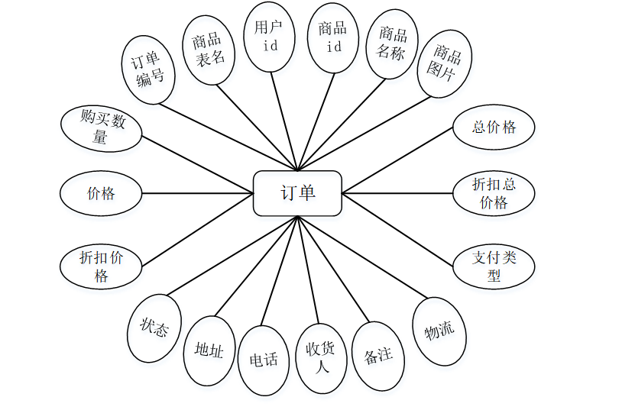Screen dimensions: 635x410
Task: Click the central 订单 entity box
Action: [x=297, y=192]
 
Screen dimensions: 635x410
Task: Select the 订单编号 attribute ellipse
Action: [x=149, y=69]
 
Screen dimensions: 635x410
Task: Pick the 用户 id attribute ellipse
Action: [x=270, y=37]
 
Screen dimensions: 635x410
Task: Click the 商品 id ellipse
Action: [x=332, y=37]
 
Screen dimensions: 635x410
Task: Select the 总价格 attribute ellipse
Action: [x=494, y=127]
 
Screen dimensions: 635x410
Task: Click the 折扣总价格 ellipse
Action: [x=494, y=193]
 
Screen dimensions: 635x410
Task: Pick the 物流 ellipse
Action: [x=439, y=330]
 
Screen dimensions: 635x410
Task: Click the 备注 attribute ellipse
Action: [x=378, y=355]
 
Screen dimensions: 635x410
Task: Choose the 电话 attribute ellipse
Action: [x=264, y=360]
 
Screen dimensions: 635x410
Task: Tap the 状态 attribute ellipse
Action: [x=154, y=328]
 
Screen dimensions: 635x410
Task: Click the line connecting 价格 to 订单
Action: [x=197, y=193]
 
